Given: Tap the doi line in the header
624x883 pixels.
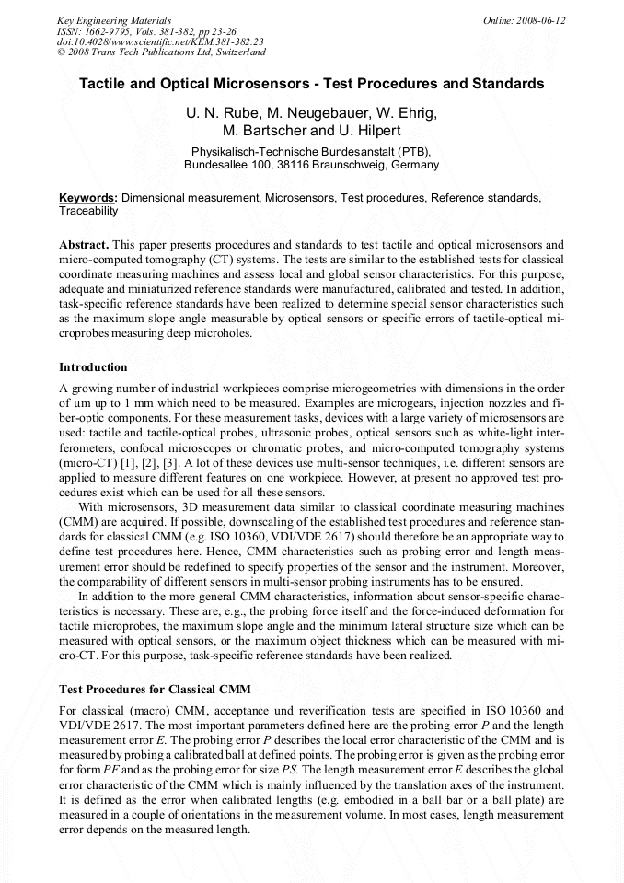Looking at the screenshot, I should (x=160, y=42).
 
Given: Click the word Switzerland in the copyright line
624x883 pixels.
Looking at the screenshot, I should (x=234, y=53).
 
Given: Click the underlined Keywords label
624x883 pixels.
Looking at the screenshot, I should (x=87, y=198).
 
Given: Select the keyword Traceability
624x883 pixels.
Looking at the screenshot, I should (x=88, y=211).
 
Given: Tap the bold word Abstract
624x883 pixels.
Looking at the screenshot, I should (x=84, y=245).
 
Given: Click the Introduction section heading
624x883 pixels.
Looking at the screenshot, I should (x=93, y=367).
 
